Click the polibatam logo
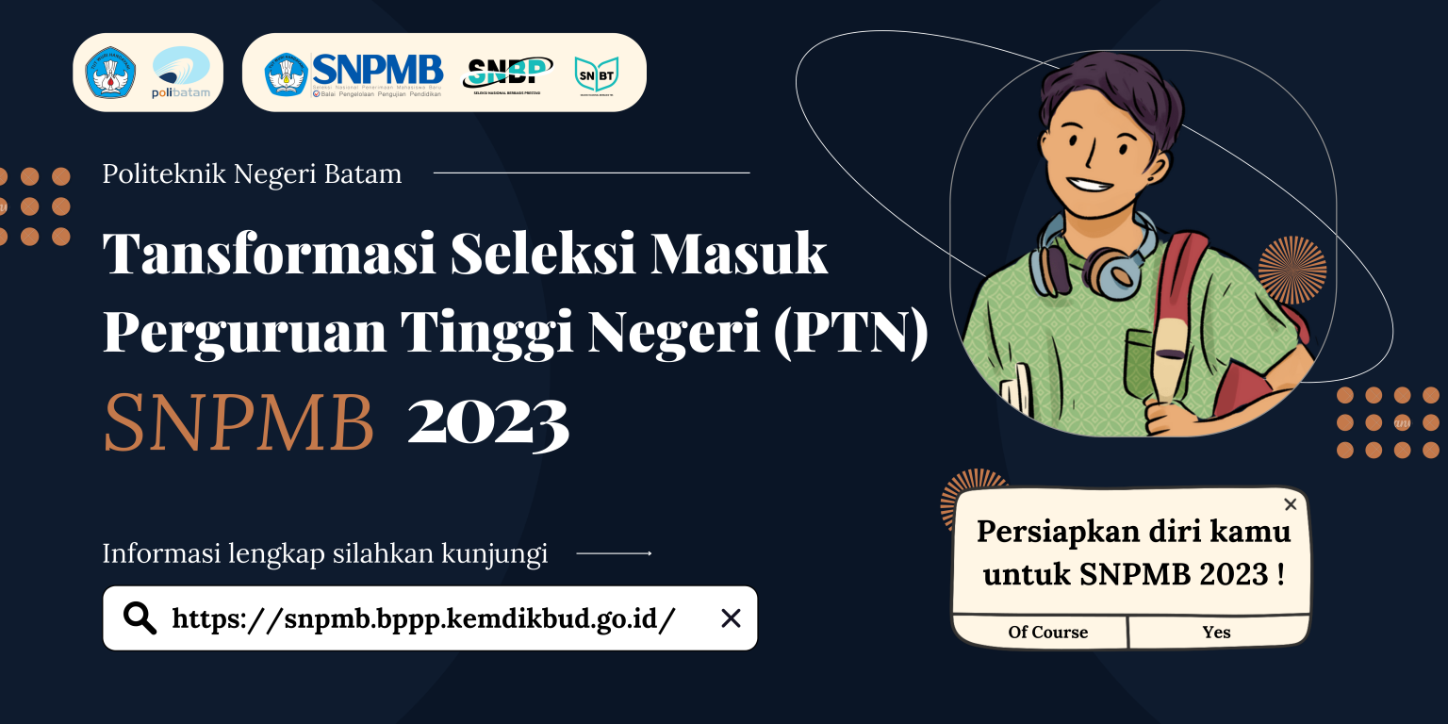tap(181, 74)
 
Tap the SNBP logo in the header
tap(507, 74)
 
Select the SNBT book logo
tap(596, 74)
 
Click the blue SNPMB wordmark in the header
tap(377, 69)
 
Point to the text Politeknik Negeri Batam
tap(252, 174)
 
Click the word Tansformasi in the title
tap(269, 255)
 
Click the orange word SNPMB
tap(239, 424)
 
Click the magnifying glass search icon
tap(140, 618)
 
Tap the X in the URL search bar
tap(731, 618)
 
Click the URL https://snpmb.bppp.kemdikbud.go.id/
tap(423, 619)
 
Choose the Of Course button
tap(1047, 633)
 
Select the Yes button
tap(1216, 633)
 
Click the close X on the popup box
tap(1291, 504)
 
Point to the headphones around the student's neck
tap(1094, 259)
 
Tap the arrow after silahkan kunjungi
tap(614, 553)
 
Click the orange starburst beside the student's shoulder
tap(1292, 271)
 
